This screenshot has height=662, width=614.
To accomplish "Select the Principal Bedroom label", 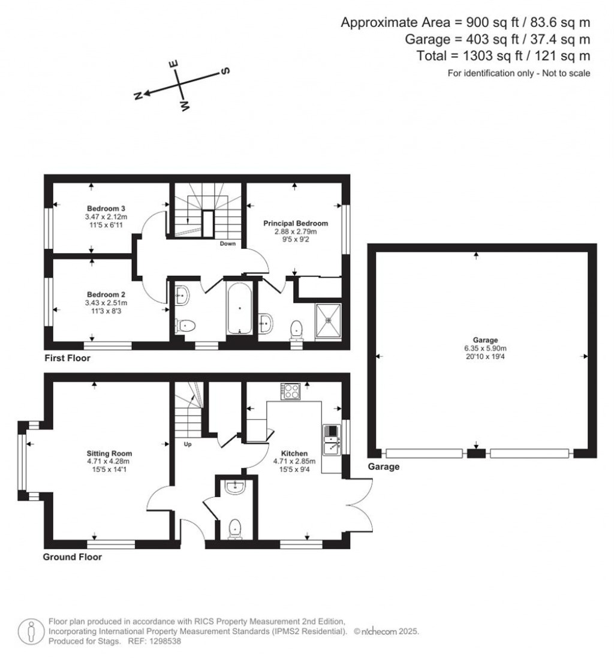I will [x=296, y=223].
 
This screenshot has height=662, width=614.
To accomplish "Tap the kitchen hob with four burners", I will [x=292, y=391].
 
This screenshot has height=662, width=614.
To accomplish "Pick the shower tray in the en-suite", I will [x=328, y=320].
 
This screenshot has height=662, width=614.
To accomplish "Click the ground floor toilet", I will [x=236, y=529].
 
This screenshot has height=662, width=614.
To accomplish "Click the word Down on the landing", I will [x=227, y=244].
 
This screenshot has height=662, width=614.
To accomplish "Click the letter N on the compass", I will [x=137, y=95].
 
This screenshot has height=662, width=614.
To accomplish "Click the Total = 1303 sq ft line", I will [x=503, y=56].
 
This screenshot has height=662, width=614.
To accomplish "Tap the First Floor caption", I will [x=67, y=358].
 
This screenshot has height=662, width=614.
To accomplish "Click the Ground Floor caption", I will [x=72, y=557].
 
